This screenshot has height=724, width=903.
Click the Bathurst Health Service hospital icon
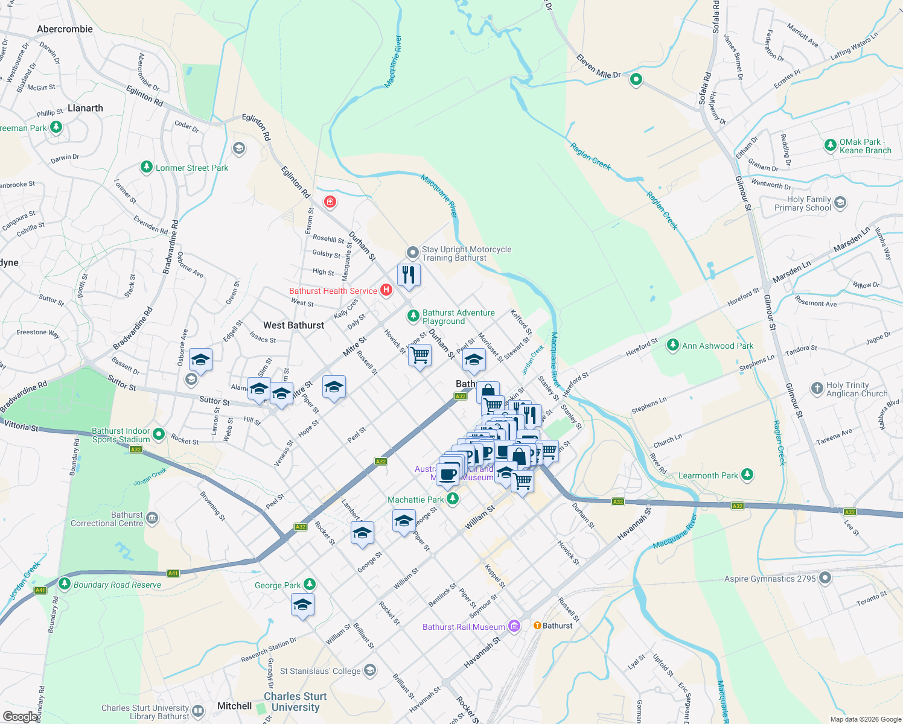point(386,291)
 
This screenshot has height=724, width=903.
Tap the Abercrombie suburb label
point(65,29)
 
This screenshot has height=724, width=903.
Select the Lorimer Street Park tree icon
point(146,167)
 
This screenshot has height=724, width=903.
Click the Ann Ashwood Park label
point(717,346)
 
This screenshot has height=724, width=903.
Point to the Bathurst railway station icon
point(537,626)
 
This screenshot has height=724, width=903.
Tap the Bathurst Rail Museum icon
point(514,626)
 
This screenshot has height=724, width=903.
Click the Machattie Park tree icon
point(452,499)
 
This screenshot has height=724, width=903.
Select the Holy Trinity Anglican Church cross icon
point(817,389)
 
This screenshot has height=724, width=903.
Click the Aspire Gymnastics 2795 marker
point(825,579)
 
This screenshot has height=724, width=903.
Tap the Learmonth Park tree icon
point(747,475)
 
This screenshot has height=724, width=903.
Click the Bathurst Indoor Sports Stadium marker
point(159,434)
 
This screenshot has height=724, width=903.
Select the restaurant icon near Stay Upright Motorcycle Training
point(409,275)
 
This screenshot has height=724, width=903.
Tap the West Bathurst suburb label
point(293,325)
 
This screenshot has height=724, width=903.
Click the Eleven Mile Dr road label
point(598,66)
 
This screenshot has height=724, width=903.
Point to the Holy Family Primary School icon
point(840,203)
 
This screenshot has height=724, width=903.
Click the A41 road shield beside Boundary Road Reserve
point(40,590)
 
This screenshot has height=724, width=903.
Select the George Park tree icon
point(310,584)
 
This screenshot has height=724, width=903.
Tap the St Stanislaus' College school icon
point(370,670)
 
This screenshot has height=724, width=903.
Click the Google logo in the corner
point(20,716)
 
